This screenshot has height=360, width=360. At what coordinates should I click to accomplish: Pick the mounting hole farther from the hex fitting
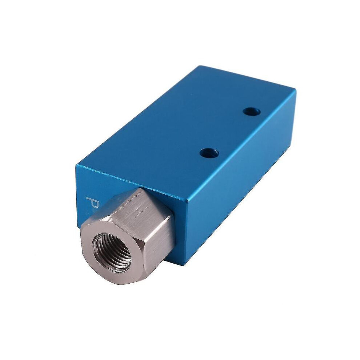(251, 112)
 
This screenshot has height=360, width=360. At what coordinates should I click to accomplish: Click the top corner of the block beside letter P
(76, 164)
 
